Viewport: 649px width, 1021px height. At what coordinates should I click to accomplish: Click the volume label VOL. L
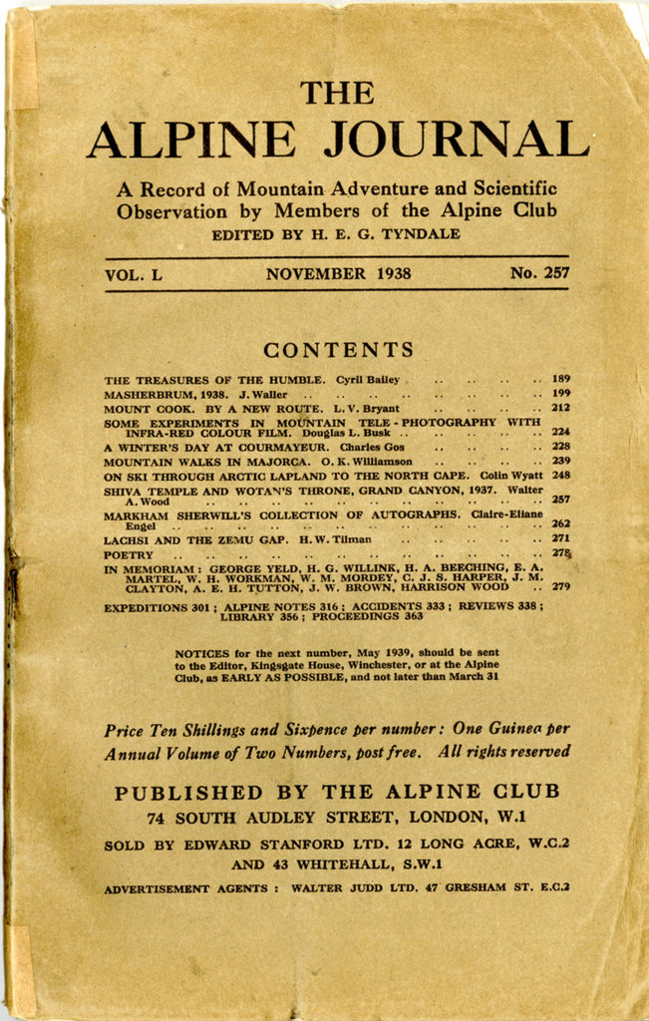[x=133, y=273]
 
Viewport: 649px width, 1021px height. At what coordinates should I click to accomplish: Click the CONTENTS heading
[x=339, y=350]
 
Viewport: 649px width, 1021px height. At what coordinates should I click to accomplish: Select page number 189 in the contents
[x=560, y=379]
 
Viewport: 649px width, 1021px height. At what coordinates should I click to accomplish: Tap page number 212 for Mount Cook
[x=560, y=408]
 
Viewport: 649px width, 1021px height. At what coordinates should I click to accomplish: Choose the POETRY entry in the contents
[x=130, y=554]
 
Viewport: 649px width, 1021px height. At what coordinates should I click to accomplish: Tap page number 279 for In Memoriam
[x=560, y=587]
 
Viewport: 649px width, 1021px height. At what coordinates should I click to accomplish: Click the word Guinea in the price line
[x=528, y=729]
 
